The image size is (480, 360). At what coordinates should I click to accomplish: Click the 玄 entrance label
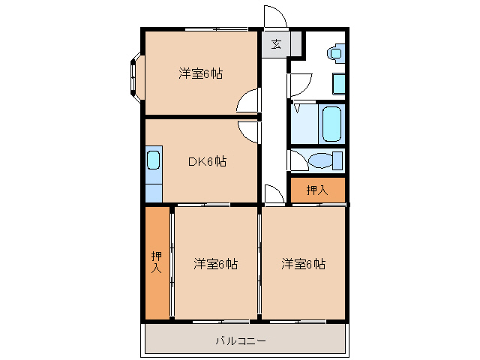tap(277, 44)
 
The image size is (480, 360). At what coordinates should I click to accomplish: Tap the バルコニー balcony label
tap(241, 340)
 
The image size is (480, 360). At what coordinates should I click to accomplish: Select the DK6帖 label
tap(207, 161)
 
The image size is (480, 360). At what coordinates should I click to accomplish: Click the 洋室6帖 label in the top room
tap(201, 73)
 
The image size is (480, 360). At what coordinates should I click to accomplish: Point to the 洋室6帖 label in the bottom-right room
tap(303, 264)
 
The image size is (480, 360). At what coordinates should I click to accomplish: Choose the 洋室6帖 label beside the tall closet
tap(215, 264)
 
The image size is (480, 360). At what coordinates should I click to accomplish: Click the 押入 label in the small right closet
tap(317, 190)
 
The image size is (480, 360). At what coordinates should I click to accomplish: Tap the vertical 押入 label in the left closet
tap(157, 262)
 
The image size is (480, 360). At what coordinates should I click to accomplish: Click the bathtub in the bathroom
tap(331, 124)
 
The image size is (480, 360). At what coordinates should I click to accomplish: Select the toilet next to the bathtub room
tap(325, 160)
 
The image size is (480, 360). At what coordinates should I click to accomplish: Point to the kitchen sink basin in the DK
tap(153, 160)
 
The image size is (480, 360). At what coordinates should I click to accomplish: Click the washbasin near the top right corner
tap(336, 53)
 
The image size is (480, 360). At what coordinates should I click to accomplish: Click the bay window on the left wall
tap(136, 77)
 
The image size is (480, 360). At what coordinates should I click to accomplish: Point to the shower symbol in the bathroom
tap(297, 108)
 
